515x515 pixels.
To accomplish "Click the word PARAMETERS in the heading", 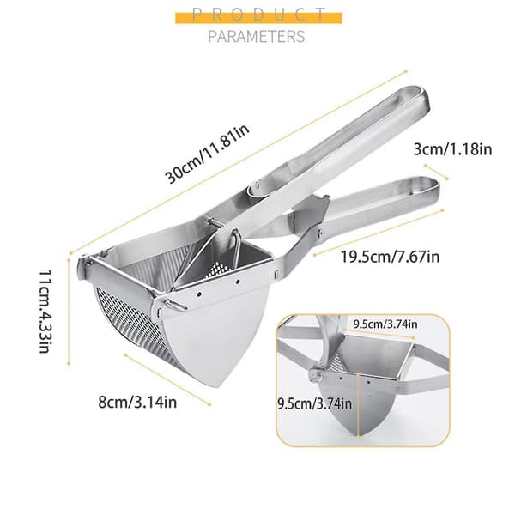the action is tap(257, 36).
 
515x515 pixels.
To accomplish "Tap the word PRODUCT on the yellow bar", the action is tap(258, 15).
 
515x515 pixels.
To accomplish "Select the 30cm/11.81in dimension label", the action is tap(208, 154).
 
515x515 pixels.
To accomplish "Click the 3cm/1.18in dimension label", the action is tap(453, 149).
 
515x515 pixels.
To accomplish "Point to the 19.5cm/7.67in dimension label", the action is tap(390, 257).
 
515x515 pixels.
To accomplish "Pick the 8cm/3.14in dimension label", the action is tap(137, 402).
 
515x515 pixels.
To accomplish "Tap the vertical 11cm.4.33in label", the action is tap(45, 312).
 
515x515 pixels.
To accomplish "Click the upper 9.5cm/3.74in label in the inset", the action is tap(385, 324).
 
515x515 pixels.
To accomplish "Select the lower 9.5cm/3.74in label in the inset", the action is tap(315, 403).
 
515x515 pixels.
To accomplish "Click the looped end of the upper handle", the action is tap(416, 96).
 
